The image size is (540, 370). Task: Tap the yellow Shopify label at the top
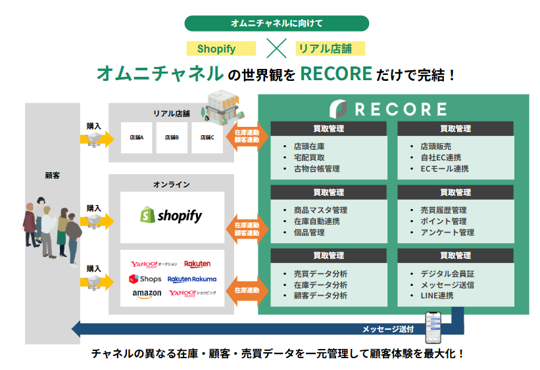click(x=216, y=49)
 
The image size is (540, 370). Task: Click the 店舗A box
click(x=136, y=138)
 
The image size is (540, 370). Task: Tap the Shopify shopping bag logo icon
click(x=147, y=216)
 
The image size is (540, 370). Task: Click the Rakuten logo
click(x=197, y=264)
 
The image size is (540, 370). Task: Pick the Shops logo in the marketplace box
click(x=145, y=279)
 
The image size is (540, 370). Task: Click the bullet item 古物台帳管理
click(x=316, y=169)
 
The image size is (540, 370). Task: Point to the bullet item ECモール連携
click(x=445, y=169)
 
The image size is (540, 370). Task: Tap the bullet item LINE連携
click(x=437, y=296)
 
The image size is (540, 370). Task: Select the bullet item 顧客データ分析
click(x=320, y=296)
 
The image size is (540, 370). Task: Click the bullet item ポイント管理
click(x=443, y=221)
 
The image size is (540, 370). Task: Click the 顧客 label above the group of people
click(x=53, y=175)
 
